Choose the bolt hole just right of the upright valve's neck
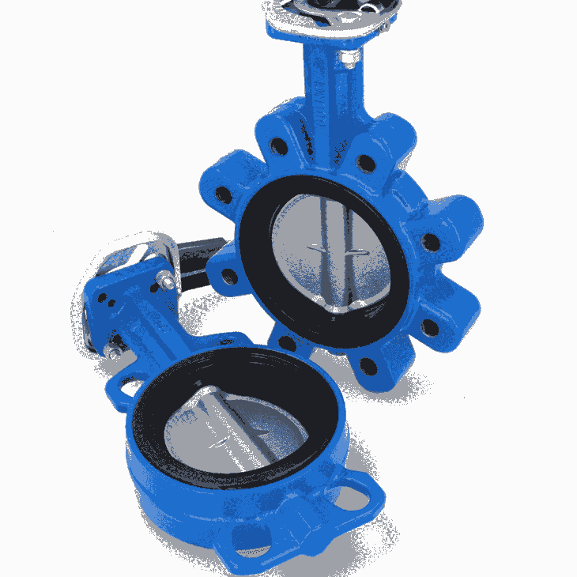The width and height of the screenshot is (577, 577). pyautogui.click(x=365, y=163)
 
